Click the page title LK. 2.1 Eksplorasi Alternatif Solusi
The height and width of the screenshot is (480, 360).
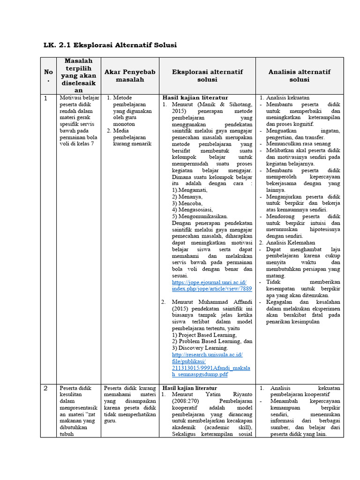[110, 45]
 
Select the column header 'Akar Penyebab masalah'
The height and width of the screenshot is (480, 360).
[129, 75]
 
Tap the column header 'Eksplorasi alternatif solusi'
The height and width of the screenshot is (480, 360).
[207, 75]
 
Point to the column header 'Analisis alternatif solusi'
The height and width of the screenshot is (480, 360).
[299, 75]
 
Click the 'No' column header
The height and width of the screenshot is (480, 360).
[48, 75]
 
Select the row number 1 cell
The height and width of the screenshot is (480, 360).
[46, 98]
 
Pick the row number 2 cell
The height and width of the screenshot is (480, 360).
[46, 388]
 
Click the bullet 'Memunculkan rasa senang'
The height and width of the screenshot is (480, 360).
[298, 144]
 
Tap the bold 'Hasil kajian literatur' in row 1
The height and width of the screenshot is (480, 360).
[190, 97]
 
